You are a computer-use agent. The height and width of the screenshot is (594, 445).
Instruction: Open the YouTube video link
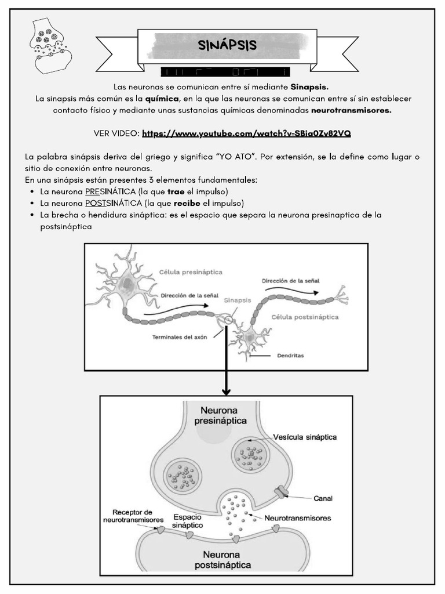point(246,133)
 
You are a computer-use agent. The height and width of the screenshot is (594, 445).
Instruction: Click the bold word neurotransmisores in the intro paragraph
point(351,110)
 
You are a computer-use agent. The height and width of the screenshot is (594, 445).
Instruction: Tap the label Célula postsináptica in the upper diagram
point(305,317)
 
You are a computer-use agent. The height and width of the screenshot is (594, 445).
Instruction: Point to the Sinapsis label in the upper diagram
point(238,300)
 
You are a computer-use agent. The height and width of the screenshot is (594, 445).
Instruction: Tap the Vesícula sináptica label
point(306,437)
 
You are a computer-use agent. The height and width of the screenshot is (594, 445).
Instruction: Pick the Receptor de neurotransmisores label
point(133,516)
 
